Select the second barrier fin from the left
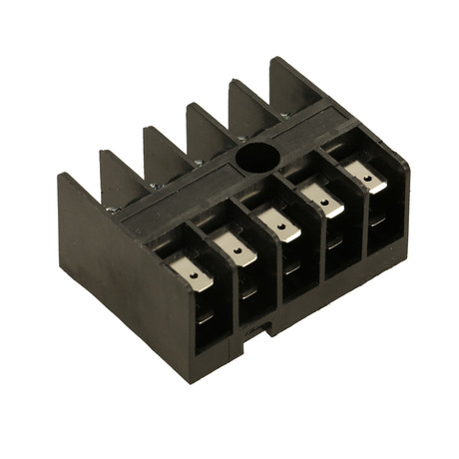coord(118,169)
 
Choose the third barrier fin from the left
coord(160,146)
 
